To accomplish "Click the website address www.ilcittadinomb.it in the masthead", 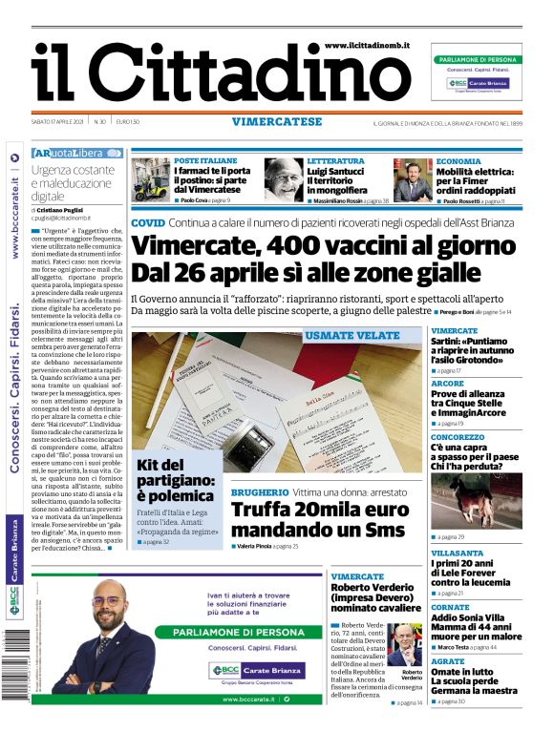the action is click(x=367, y=45).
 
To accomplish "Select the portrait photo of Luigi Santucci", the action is click(x=283, y=178).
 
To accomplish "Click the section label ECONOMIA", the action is click(x=458, y=161).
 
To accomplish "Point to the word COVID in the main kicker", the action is click(x=147, y=221).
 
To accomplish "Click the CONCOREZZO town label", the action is click(x=457, y=436).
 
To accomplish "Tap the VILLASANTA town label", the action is click(x=456, y=553).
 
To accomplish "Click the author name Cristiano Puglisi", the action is click(x=64, y=208).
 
